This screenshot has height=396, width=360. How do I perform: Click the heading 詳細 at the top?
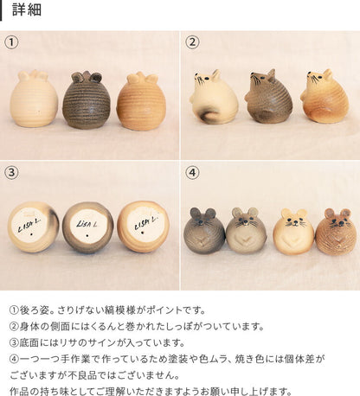27,10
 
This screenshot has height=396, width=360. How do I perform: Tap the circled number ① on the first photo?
11,42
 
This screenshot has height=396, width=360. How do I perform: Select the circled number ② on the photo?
192,42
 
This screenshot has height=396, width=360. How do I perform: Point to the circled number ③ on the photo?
11,172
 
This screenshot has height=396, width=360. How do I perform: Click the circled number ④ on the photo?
192,172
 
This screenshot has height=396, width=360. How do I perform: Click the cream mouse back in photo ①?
34,99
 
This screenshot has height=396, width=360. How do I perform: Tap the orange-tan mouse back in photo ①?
141,101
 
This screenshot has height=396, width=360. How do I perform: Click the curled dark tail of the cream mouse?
202,115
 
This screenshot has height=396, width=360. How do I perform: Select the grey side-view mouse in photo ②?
267,97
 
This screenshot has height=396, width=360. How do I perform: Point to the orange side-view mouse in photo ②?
324,96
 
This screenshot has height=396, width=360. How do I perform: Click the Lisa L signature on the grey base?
87,223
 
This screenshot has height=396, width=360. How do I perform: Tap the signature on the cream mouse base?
29,225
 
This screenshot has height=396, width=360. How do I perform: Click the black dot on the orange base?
142,233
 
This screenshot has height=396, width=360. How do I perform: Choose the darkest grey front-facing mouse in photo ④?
204,231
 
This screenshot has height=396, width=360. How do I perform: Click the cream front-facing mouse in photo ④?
293,232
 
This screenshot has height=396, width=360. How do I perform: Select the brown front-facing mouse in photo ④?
336,232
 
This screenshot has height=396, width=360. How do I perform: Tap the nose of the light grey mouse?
245,222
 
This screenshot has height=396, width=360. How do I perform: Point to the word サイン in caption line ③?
102,342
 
